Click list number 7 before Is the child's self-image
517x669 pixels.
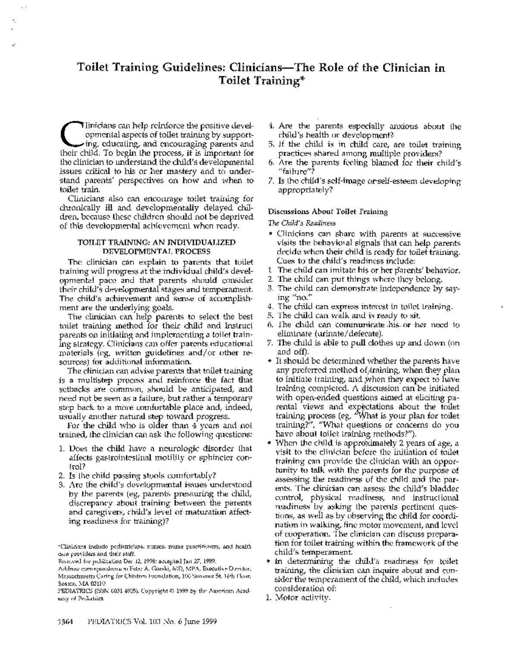coord(271,181)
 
